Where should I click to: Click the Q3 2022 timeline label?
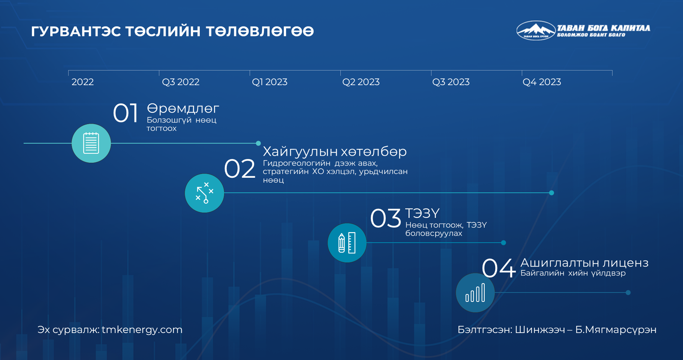pos(181,82)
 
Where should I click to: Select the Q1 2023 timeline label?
pos(270,82)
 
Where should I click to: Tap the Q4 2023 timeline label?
pos(542,82)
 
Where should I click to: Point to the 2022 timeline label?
pos(82,82)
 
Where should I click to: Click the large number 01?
pos(126,113)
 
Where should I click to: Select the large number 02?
pos(240,169)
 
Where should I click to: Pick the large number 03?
pos(386,218)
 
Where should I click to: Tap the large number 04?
pos(499,268)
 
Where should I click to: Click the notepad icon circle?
pos(91,143)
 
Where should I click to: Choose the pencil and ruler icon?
pos(347,243)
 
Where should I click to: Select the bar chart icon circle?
pos(475,292)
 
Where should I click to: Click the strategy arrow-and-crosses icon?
pos(204,193)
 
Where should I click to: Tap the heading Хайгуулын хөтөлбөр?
pos(335,151)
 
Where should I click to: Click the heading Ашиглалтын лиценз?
pos(584,262)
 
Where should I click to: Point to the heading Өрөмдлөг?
pos(183,109)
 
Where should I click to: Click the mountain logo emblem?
pos(536,30)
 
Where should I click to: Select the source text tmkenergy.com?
pos(142,330)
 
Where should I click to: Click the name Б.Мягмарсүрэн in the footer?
pos(616,330)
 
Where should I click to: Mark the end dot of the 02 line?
pos(551,193)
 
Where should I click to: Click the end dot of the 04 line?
pos(628,292)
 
